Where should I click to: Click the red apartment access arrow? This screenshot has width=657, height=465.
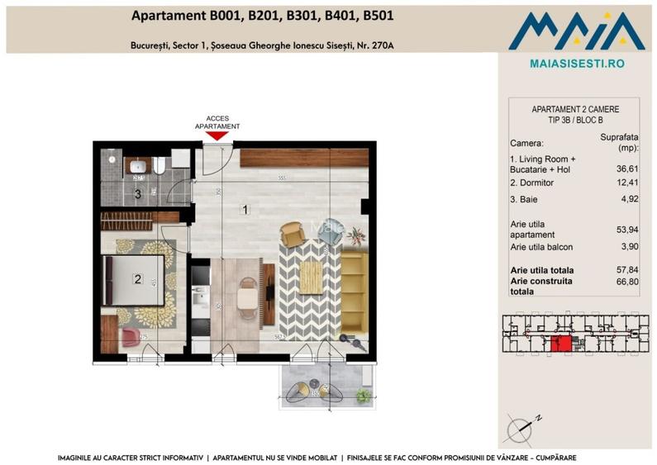click(217, 135)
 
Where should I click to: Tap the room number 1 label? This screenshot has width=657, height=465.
click(245, 210)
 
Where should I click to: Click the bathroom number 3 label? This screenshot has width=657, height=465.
click(138, 195)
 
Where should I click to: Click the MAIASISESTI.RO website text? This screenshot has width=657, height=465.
click(576, 63)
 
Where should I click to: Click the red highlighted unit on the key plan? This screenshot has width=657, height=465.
click(561, 343)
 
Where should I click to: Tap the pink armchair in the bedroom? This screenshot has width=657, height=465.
click(131, 337)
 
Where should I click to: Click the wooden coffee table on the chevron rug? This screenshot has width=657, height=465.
click(310, 276)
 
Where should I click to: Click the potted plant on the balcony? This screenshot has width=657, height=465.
click(362, 396)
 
